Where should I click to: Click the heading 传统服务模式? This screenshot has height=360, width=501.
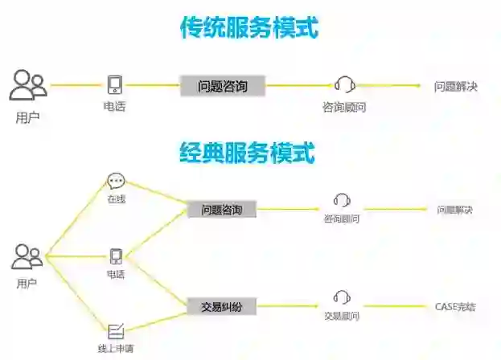(x=249, y=29)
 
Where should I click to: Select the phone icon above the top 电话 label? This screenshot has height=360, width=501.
(x=114, y=85)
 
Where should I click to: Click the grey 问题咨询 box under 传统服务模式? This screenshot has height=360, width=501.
(x=221, y=85)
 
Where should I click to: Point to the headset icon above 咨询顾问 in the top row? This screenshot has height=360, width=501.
(x=344, y=84)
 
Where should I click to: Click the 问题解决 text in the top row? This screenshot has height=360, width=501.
(x=455, y=86)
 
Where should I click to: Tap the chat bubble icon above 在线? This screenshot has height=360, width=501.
(x=116, y=181)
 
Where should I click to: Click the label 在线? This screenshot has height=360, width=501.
(x=116, y=198)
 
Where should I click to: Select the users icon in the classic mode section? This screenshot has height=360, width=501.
(x=27, y=257)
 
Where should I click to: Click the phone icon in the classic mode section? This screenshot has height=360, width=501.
(x=116, y=256)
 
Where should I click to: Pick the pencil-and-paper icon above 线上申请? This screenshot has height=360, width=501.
(x=116, y=329)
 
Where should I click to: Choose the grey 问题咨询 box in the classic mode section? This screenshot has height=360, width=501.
(x=221, y=210)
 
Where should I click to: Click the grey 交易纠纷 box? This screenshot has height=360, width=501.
(x=221, y=305)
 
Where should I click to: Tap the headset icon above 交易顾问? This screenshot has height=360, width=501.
(x=342, y=297)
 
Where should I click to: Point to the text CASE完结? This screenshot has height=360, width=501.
(x=454, y=306)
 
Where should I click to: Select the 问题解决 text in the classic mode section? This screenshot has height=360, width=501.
(x=454, y=210)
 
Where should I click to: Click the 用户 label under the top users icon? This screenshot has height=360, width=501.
(x=27, y=117)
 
